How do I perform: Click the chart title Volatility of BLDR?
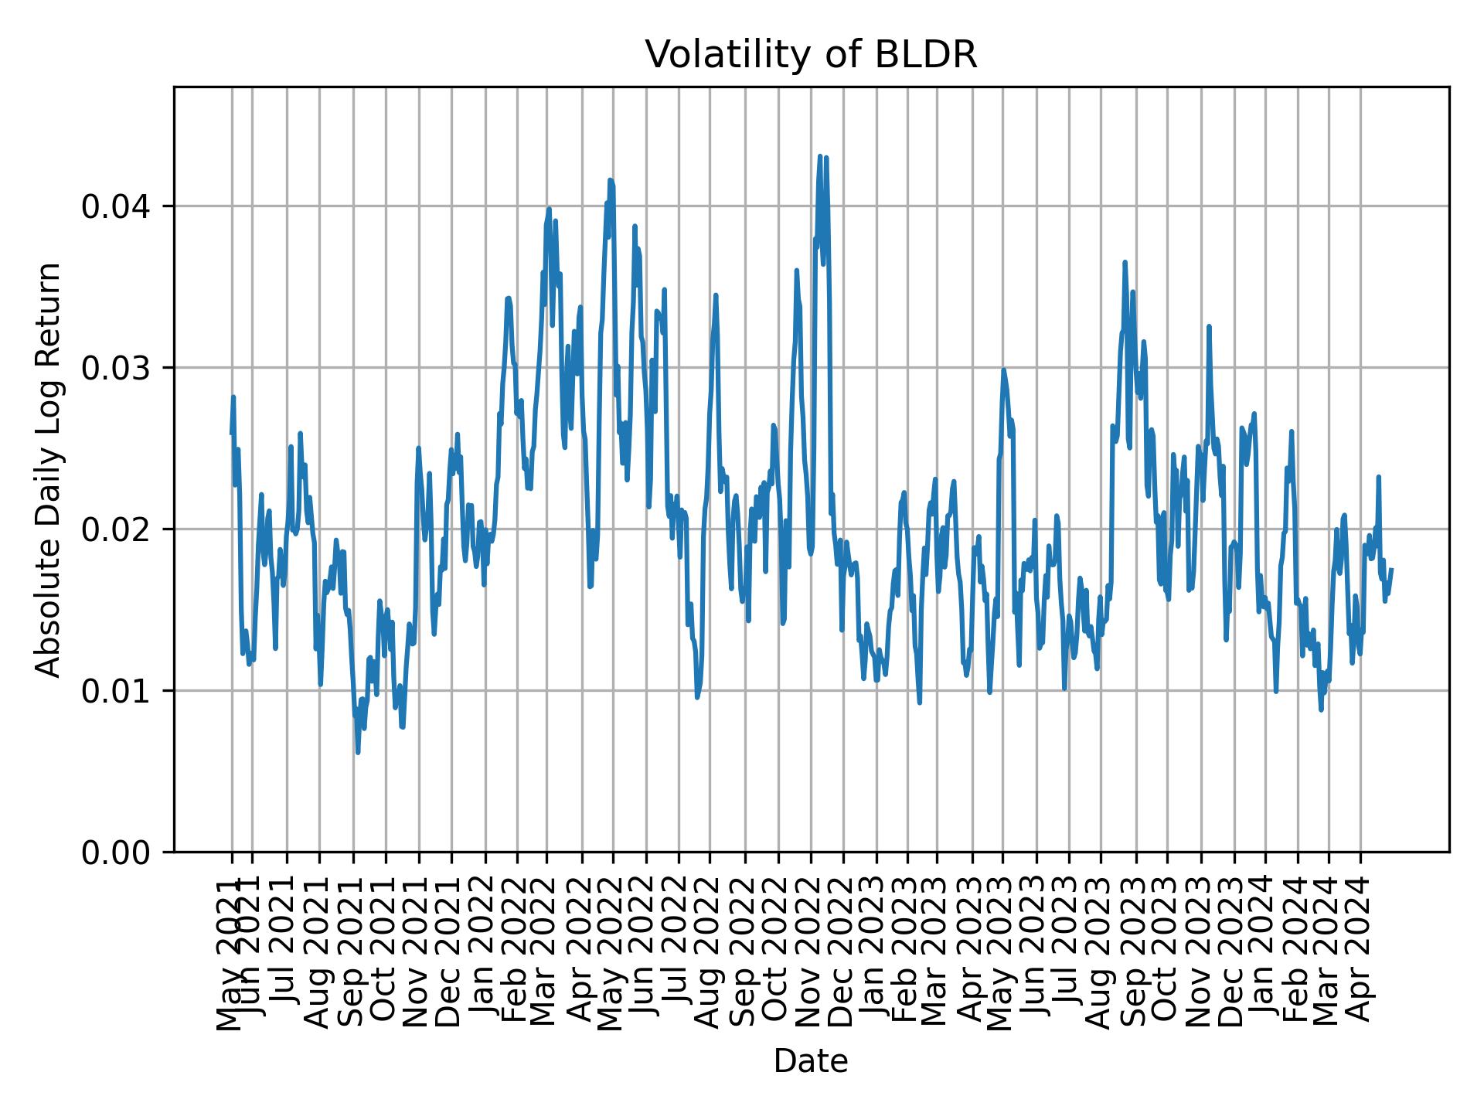[x=811, y=56]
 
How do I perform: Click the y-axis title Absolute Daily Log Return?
[x=49, y=469]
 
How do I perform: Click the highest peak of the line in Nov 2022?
[x=820, y=156]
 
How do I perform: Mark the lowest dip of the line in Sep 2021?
[x=358, y=752]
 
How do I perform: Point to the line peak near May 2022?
[x=610, y=180]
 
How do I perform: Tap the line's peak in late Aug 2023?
[x=1125, y=262]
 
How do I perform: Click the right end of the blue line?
[x=1391, y=570]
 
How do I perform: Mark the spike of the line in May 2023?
[x=1003, y=369]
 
